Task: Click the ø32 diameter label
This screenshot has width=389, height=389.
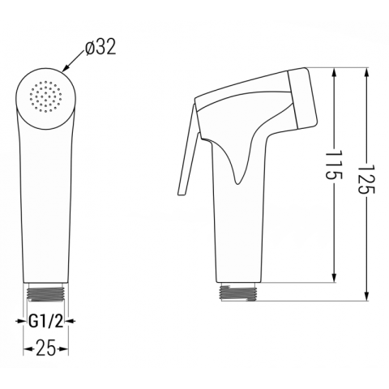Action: click(x=100, y=47)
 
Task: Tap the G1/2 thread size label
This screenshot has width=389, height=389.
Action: click(x=45, y=321)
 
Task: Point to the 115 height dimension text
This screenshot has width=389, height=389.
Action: click(x=334, y=165)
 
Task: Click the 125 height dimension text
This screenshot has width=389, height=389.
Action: click(x=366, y=179)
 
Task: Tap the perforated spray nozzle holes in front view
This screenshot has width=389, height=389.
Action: click(x=45, y=96)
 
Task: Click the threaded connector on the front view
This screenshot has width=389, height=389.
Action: click(x=46, y=292)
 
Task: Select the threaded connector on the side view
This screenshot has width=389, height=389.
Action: click(x=237, y=292)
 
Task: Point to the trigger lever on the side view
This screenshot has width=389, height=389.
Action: click(x=187, y=149)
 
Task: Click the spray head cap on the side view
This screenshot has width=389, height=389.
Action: click(x=302, y=98)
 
